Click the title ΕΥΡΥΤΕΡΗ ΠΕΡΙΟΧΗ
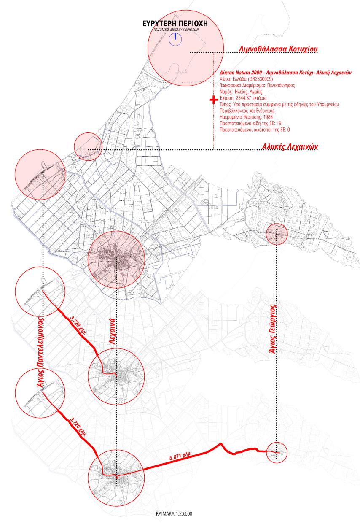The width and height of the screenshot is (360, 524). pos(176,23)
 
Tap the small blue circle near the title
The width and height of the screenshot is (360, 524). pos(175,40)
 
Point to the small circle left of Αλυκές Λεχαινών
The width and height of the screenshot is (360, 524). pos(88,146)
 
